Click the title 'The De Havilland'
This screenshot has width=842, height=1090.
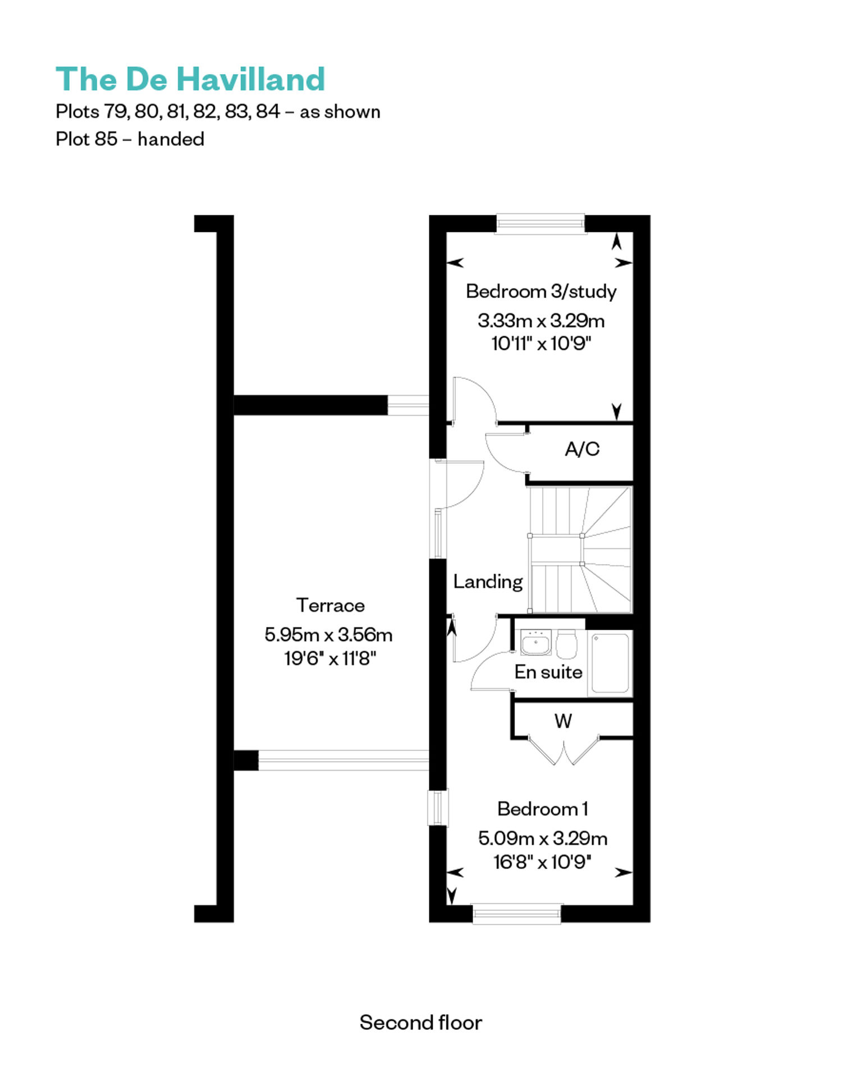pyautogui.click(x=190, y=79)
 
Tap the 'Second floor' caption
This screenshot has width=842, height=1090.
pyautogui.click(x=420, y=1022)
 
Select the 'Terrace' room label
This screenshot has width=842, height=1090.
pyautogui.click(x=330, y=605)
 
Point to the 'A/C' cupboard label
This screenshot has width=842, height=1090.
pyautogui.click(x=582, y=449)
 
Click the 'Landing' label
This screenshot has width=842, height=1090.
pyautogui.click(x=488, y=582)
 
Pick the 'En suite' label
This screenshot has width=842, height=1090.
pyautogui.click(x=548, y=672)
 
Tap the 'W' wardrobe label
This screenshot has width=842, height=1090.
pyautogui.click(x=563, y=721)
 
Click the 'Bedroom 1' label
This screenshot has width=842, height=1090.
pyautogui.click(x=543, y=809)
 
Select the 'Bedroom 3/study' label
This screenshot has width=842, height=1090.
pyautogui.click(x=541, y=291)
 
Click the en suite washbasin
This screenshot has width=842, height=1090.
pyautogui.click(x=536, y=643)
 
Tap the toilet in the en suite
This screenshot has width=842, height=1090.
pyautogui.click(x=566, y=644)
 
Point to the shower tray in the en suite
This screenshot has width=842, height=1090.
pyautogui.click(x=610, y=663)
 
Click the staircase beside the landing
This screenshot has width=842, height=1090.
pyautogui.click(x=580, y=549)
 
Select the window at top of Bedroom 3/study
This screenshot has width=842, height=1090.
pyautogui.click(x=540, y=223)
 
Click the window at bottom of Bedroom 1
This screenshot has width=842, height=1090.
pyautogui.click(x=517, y=914)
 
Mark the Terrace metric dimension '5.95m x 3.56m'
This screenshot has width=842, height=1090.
pyautogui.click(x=328, y=635)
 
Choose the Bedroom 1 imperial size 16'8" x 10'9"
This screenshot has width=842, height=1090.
pyautogui.click(x=542, y=862)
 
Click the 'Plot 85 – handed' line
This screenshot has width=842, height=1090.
pyautogui.click(x=130, y=139)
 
